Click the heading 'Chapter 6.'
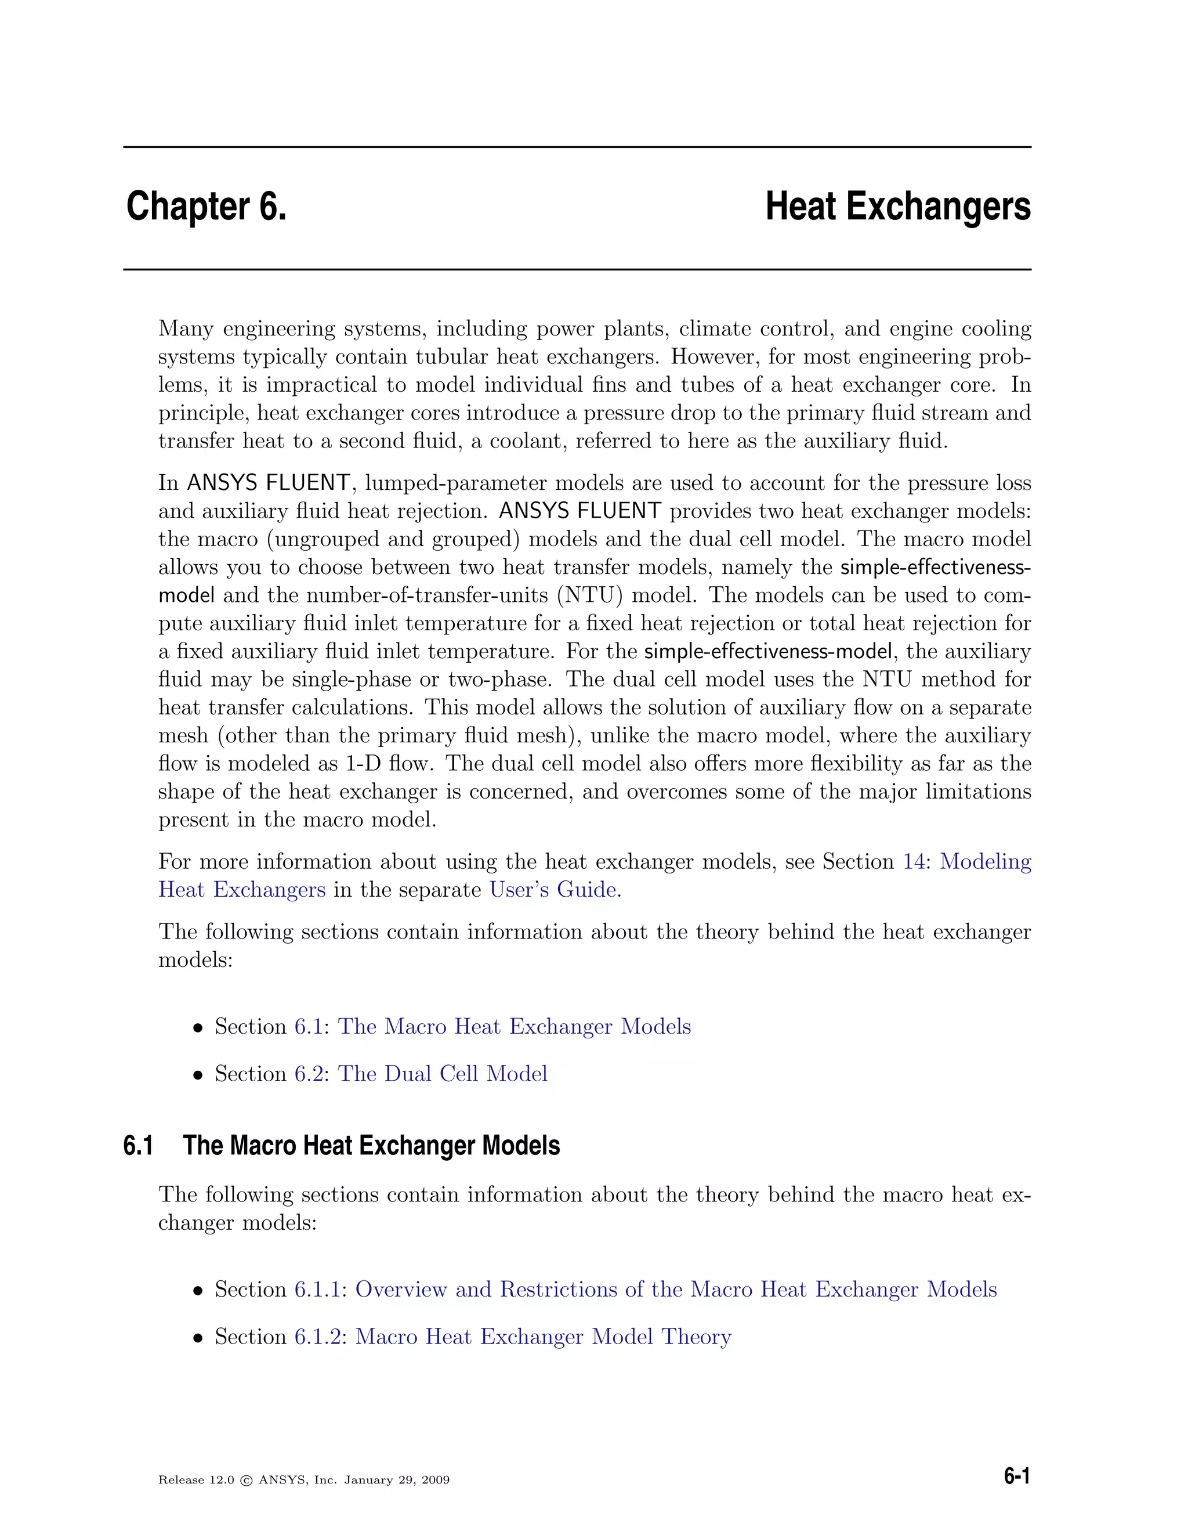pos(206,207)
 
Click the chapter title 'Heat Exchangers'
pos(897,207)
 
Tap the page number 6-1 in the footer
pos(1016,1476)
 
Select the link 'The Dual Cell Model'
pos(442,1073)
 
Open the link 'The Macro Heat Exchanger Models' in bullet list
pos(514,1026)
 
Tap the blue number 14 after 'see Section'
pos(914,861)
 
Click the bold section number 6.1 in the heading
pos(138,1146)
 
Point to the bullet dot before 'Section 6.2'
pos(198,1075)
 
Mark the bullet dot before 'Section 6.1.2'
pos(198,1338)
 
